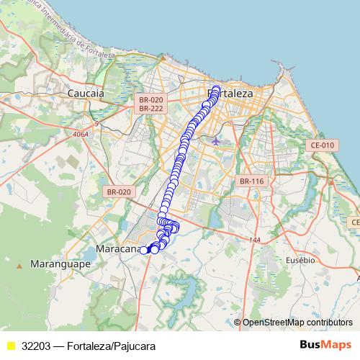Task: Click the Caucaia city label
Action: pos(86,94)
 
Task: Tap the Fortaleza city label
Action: pos(230,94)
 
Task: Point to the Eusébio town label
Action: pos(300,258)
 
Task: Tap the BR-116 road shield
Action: pos(253,181)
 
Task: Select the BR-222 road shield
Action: pos(152,108)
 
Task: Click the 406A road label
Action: pos(80,134)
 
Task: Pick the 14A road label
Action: pos(253,239)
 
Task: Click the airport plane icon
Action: pos(217,140)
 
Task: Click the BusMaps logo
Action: pos(325,345)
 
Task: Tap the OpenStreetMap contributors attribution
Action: pos(297,322)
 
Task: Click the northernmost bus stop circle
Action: pos(216,89)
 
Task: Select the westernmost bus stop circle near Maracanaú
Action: pos(143,250)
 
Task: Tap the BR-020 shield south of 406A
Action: pos(119,192)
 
